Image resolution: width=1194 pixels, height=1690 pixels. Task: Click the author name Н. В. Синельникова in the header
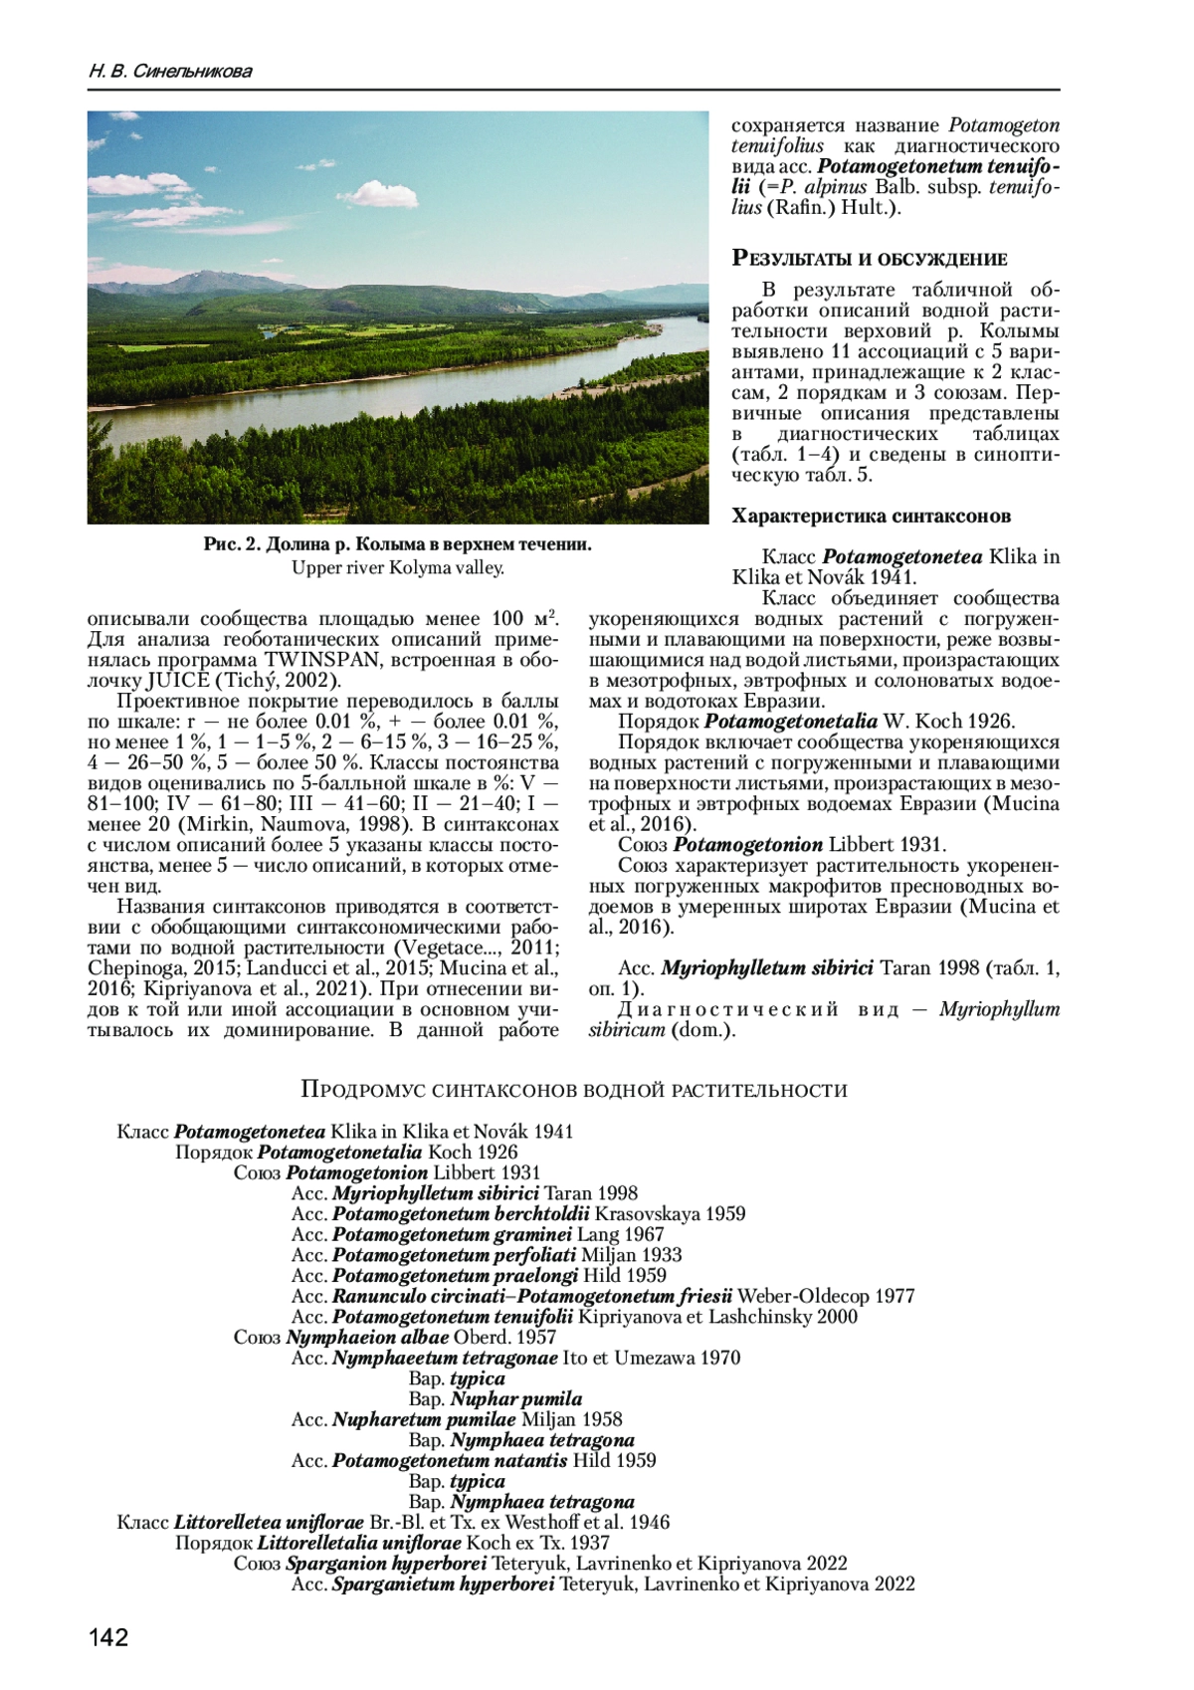pos(170,72)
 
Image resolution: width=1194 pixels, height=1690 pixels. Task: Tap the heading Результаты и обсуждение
pos(870,259)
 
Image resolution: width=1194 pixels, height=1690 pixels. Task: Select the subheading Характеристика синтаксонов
pos(871,516)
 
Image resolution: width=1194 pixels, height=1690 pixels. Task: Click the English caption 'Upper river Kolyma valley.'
pos(398,567)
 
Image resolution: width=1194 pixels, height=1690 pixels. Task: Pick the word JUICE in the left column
pos(178,681)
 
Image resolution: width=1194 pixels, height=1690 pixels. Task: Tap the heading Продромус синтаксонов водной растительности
pos(574,1090)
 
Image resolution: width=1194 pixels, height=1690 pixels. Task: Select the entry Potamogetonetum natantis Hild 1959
pos(474,1460)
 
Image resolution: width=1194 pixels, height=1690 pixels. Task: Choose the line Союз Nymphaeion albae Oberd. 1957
pos(395,1337)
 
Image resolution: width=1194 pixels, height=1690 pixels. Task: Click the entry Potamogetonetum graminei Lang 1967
pos(478,1234)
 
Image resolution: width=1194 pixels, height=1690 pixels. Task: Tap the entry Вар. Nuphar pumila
pos(495,1398)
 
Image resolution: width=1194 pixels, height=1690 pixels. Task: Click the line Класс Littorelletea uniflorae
pos(393,1522)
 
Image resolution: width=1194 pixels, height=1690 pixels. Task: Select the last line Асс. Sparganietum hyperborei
pos(603,1584)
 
